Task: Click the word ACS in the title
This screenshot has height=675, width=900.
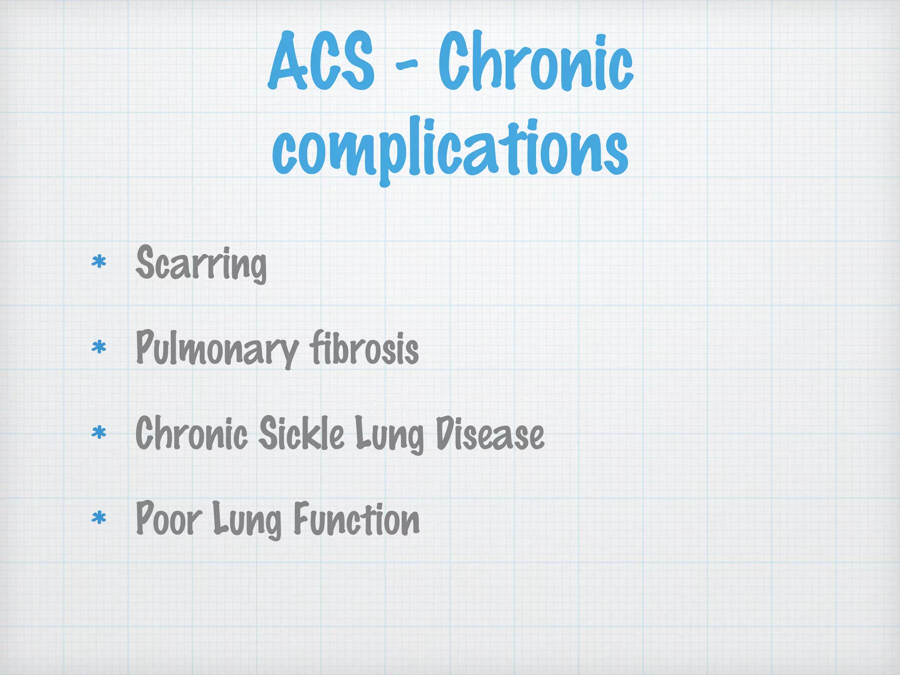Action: pyautogui.click(x=322, y=62)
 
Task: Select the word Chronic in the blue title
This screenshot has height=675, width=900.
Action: pyautogui.click(x=535, y=62)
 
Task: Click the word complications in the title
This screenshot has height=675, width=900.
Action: pyautogui.click(x=450, y=147)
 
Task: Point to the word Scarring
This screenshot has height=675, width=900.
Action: pyautogui.click(x=201, y=263)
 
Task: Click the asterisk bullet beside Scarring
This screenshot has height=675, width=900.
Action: pyautogui.click(x=99, y=262)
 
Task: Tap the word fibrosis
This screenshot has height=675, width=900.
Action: pyautogui.click(x=364, y=348)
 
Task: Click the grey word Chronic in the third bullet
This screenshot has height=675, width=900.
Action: pyautogui.click(x=192, y=433)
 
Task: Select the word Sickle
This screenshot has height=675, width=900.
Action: pyautogui.click(x=301, y=433)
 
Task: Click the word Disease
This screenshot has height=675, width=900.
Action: pyautogui.click(x=490, y=433)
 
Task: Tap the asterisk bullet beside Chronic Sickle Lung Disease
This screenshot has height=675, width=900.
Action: pyautogui.click(x=99, y=433)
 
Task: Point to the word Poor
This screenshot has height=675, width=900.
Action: pyautogui.click(x=169, y=519)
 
